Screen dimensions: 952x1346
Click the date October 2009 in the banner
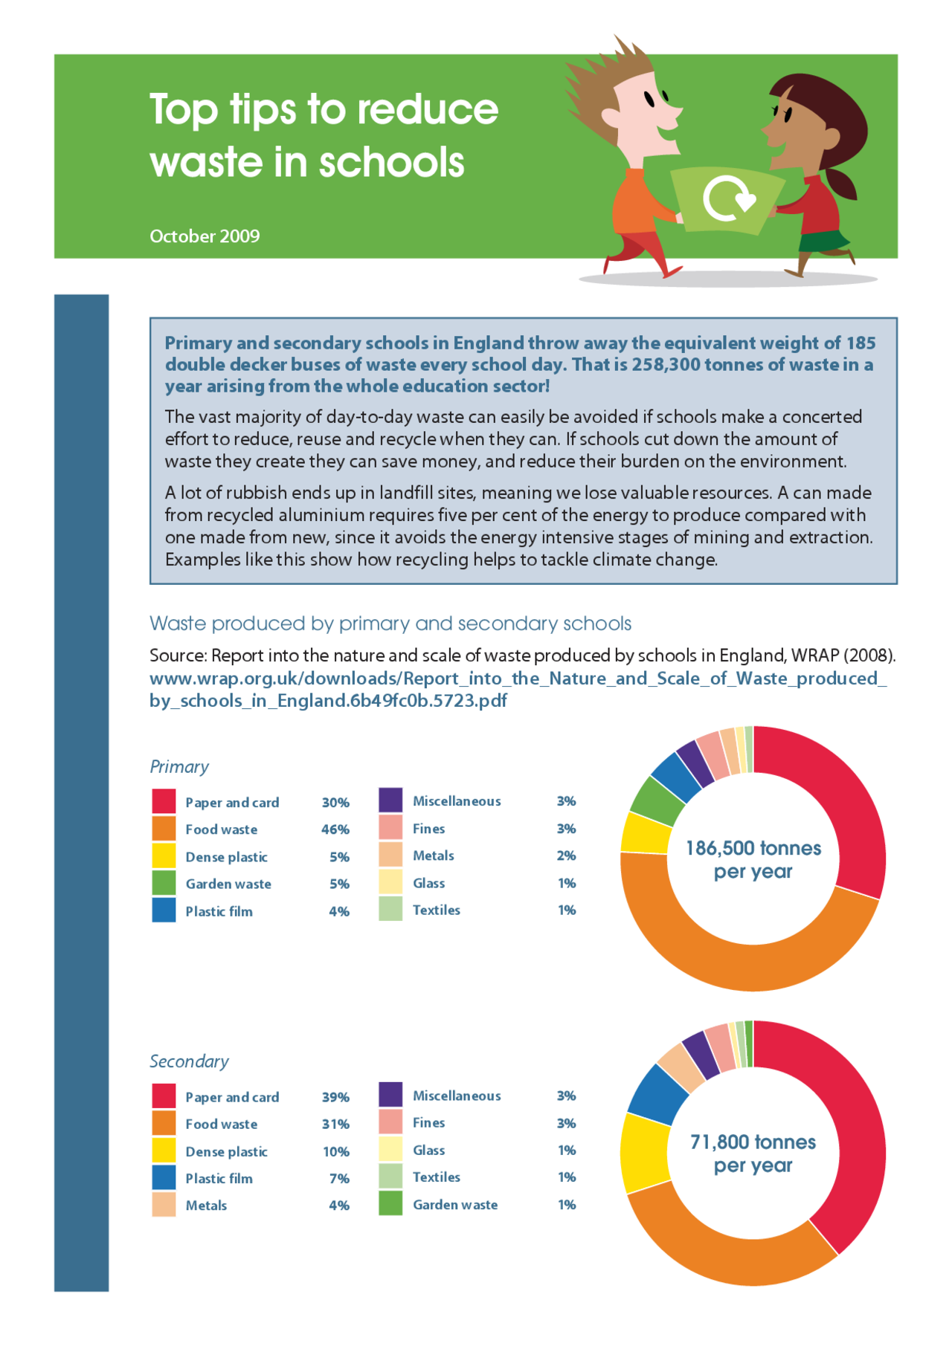pos(205,236)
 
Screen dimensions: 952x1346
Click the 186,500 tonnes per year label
pos(753,859)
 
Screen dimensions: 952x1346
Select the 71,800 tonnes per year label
pos(753,1154)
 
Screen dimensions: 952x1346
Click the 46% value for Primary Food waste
pos(335,829)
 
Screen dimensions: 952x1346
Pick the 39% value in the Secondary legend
pos(335,1097)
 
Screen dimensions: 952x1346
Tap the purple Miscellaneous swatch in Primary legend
pos(390,800)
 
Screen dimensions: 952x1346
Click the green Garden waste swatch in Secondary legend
pos(390,1204)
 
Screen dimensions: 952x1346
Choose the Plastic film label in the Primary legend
pos(219,911)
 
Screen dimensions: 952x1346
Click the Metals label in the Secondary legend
pos(206,1206)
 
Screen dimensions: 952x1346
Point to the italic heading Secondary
pos(189,1061)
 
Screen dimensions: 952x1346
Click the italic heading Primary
pos(179,767)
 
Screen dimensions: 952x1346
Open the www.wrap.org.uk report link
pos(518,690)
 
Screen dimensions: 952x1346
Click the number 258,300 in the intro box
pos(666,365)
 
